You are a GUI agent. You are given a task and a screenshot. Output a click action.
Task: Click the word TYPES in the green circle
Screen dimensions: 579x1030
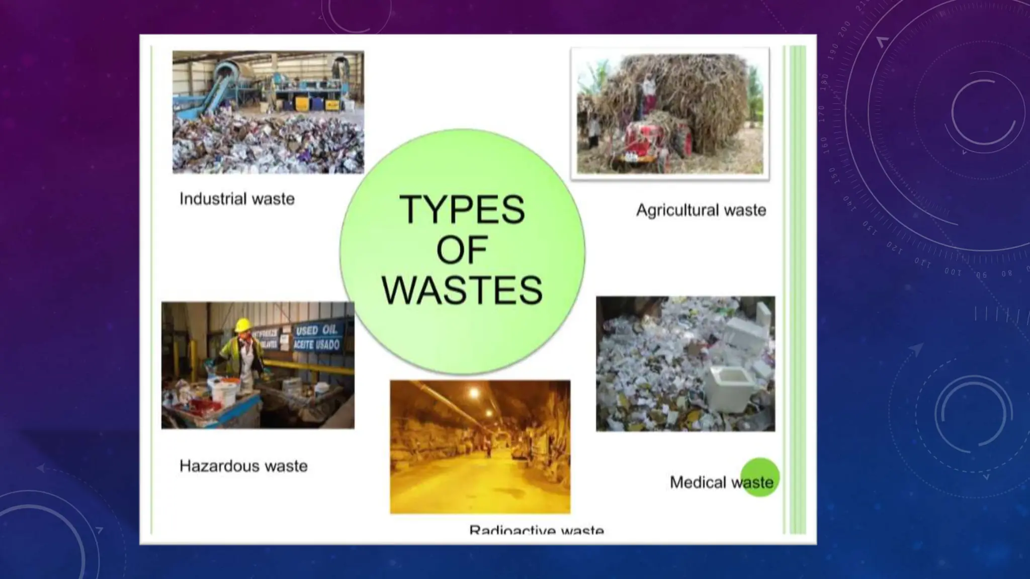click(462, 210)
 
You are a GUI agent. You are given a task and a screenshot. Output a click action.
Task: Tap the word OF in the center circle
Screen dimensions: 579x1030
click(461, 250)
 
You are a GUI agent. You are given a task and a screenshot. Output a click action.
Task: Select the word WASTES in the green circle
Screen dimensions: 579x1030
click(462, 291)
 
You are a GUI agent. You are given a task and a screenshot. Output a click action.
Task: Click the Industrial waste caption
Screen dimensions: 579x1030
click(237, 199)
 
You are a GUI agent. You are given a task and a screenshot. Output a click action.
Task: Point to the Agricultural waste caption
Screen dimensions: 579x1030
click(701, 210)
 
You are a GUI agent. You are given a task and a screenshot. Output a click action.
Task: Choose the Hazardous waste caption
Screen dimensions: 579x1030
click(243, 466)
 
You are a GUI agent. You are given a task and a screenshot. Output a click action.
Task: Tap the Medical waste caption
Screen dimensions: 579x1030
click(721, 482)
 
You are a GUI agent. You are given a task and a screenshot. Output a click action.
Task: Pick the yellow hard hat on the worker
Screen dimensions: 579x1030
click(243, 325)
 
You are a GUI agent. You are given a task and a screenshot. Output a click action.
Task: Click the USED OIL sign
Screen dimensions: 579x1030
click(317, 337)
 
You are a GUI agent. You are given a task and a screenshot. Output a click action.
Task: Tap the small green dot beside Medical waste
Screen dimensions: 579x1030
click(760, 477)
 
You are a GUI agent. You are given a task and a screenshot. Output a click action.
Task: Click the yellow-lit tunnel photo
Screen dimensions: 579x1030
click(480, 447)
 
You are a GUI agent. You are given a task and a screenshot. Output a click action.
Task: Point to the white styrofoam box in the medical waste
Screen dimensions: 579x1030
click(731, 388)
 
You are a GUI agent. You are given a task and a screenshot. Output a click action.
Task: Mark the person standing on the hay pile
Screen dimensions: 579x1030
click(648, 90)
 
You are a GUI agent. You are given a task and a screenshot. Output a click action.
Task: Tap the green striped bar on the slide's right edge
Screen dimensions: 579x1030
click(797, 289)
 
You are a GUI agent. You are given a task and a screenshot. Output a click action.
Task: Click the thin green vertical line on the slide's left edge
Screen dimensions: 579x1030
click(151, 289)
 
